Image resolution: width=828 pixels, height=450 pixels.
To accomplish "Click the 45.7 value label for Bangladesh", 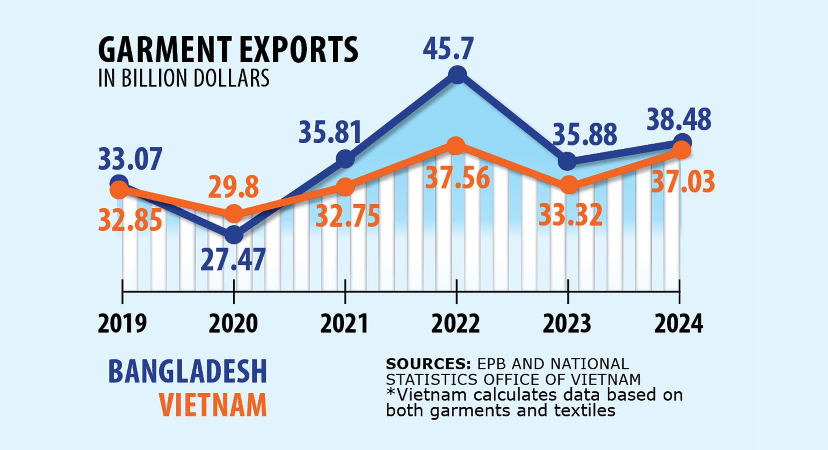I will pyautogui.click(x=448, y=49).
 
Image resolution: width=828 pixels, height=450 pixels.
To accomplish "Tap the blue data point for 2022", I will pyautogui.click(x=458, y=74).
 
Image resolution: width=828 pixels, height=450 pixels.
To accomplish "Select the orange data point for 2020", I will pyautogui.click(x=234, y=213).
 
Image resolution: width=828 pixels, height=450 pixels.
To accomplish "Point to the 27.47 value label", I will pyautogui.click(x=233, y=260).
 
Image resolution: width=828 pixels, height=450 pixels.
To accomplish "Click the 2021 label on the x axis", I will pyautogui.click(x=344, y=324).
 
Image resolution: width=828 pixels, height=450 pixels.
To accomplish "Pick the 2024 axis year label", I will pyautogui.click(x=679, y=324).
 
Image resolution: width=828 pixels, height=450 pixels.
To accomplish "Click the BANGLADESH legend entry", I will pyautogui.click(x=188, y=371).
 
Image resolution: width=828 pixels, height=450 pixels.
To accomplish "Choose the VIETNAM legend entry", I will pyautogui.click(x=213, y=405).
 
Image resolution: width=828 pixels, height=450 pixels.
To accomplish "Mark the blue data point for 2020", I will pyautogui.click(x=234, y=235).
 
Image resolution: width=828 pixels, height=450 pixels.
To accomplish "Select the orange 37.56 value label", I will pyautogui.click(x=457, y=178).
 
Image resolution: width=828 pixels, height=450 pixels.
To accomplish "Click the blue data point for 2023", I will pyautogui.click(x=567, y=161).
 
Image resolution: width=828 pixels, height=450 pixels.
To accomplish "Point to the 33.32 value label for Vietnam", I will pyautogui.click(x=571, y=215).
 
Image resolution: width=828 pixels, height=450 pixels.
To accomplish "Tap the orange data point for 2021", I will pyautogui.click(x=345, y=187).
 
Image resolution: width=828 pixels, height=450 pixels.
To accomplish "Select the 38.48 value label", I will pyautogui.click(x=679, y=120).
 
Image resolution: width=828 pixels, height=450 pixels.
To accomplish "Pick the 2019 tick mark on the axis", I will pyautogui.click(x=123, y=292).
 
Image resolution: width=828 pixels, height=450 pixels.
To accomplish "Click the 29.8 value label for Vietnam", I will pyautogui.click(x=233, y=187).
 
